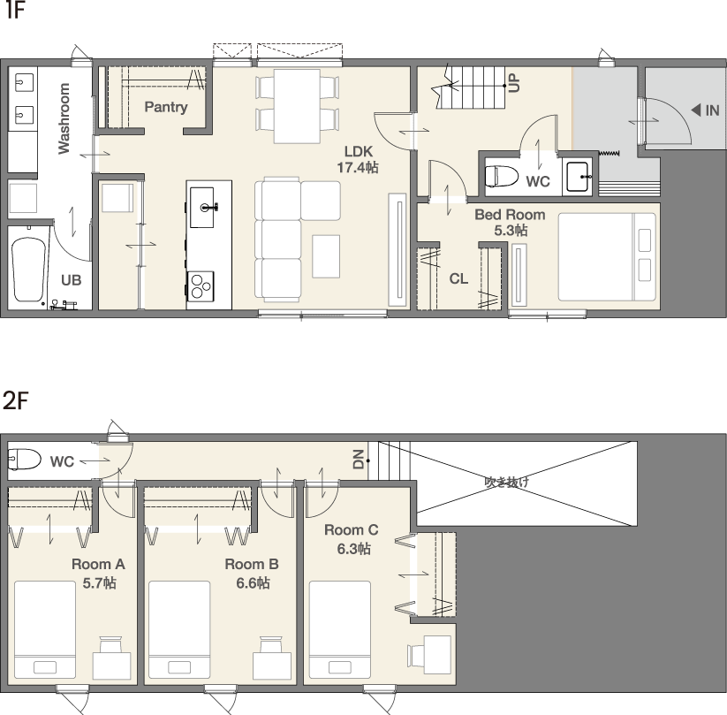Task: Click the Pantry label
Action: coord(166,107)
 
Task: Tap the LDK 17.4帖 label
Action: coord(358,159)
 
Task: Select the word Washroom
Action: coord(64,118)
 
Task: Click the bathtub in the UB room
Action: coord(29,270)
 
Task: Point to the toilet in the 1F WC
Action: coord(502,176)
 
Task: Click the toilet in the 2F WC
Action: coord(25,459)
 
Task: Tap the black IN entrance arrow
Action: coord(696,110)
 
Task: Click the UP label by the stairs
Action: coord(514,82)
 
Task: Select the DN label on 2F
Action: coord(359,460)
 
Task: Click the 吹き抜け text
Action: coord(507,482)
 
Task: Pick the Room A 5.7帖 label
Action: coord(98,574)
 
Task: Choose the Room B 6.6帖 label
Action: coord(252,574)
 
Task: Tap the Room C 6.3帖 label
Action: coord(352,539)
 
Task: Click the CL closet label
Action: coord(458,279)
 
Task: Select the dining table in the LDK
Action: coord(297,106)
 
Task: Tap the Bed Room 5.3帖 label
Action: coord(510,222)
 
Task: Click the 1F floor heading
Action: coord(15,11)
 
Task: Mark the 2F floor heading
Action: coord(16,401)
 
